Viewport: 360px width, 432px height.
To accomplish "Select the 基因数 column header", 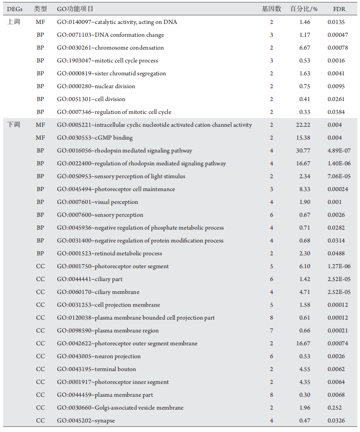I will click(x=271, y=9).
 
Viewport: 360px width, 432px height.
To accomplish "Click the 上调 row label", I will click(x=14, y=22).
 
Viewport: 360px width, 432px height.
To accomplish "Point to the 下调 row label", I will click(x=14, y=125).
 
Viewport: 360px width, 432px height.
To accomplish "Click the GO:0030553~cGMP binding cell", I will click(x=95, y=138).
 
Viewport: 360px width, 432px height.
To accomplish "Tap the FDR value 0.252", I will click(x=335, y=408).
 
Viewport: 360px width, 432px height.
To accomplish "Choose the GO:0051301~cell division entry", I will click(x=91, y=99).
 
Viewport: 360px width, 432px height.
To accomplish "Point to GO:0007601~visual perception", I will click(x=98, y=202).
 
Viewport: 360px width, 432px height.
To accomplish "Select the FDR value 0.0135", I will click(x=336, y=22).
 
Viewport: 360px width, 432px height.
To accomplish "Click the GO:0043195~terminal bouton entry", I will click(x=96, y=369).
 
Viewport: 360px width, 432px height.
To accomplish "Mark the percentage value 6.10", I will click(x=305, y=266).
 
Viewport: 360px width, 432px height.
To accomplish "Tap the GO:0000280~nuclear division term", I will click(x=96, y=86).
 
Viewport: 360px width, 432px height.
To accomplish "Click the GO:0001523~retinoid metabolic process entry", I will click(x=109, y=253).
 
